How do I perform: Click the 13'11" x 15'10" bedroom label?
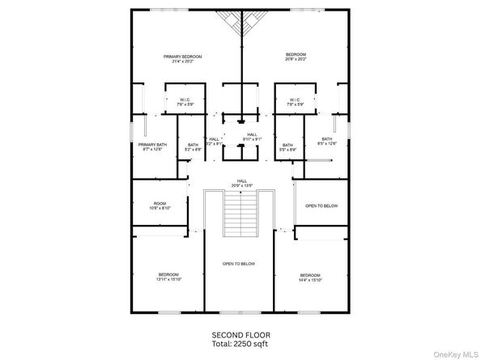click(168, 277)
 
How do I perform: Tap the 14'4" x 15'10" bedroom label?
click(311, 277)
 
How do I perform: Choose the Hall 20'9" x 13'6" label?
click(241, 182)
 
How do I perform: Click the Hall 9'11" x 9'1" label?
click(252, 137)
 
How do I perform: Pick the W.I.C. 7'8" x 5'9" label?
click(295, 103)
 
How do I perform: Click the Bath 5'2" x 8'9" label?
click(193, 146)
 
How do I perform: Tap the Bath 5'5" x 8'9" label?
click(287, 146)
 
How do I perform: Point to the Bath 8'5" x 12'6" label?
click(326, 141)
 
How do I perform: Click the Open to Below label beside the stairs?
click(321, 206)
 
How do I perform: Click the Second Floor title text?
click(240, 334)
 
